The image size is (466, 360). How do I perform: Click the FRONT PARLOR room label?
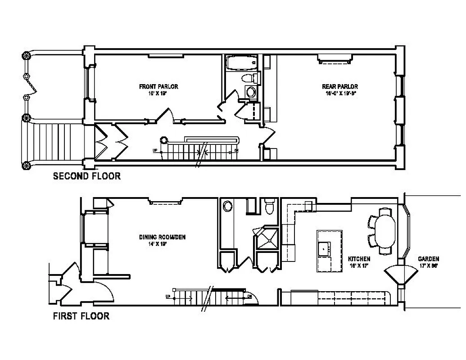click(158, 86)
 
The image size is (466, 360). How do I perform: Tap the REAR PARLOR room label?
click(339, 86)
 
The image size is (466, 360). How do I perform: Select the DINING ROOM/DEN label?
click(162, 237)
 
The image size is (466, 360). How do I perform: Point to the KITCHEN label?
click(359, 259)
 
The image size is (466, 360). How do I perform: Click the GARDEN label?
click(428, 259)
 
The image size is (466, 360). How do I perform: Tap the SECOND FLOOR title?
click(87, 176)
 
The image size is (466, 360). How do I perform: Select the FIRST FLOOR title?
click(81, 316)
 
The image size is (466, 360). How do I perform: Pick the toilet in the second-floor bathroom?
click(250, 78)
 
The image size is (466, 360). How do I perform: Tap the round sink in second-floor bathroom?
click(250, 92)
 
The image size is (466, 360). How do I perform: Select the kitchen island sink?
click(324, 247)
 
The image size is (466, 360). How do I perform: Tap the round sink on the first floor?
click(228, 207)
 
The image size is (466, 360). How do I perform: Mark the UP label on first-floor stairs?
click(168, 297)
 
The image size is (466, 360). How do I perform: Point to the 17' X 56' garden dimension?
click(428, 265)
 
